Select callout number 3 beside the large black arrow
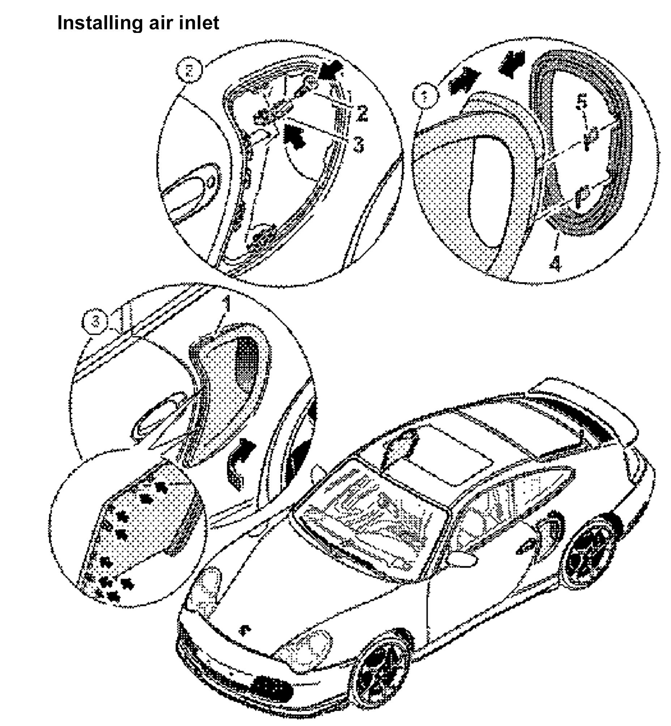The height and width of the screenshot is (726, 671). click(358, 145)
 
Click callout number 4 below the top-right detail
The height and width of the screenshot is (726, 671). click(555, 263)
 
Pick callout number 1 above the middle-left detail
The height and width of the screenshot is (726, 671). click(227, 304)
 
